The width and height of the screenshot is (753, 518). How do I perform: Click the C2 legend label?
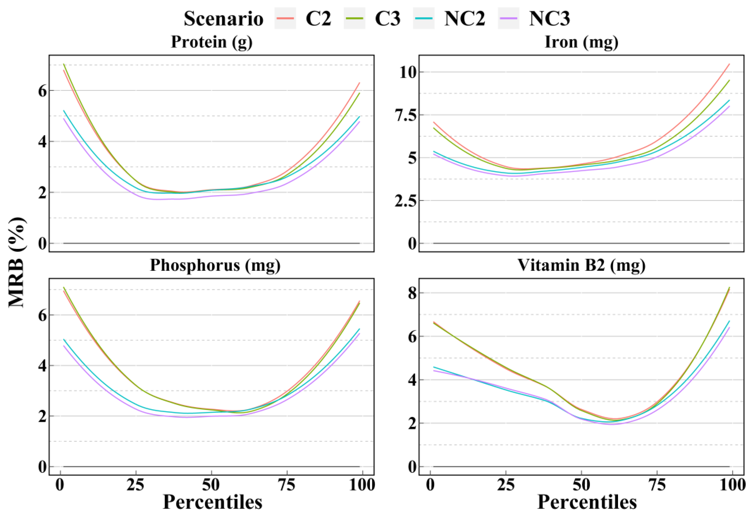point(318,19)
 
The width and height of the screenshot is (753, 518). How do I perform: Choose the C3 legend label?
point(388,19)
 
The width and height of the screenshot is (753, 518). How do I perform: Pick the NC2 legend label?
point(465,19)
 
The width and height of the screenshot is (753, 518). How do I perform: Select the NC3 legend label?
point(549,19)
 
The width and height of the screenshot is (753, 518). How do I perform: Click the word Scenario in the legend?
point(223,19)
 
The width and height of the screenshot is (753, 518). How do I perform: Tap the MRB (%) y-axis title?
point(17,262)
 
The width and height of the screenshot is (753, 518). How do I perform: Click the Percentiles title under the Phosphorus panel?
point(212,502)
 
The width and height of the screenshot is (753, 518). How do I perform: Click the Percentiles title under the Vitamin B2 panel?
point(587,502)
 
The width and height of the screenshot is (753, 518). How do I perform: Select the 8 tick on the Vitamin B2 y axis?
point(412,293)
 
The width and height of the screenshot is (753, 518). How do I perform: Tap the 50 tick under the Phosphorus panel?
point(211,485)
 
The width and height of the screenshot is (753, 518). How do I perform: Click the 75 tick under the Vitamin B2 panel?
point(657,485)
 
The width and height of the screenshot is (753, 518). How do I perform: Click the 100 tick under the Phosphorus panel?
point(362,485)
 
